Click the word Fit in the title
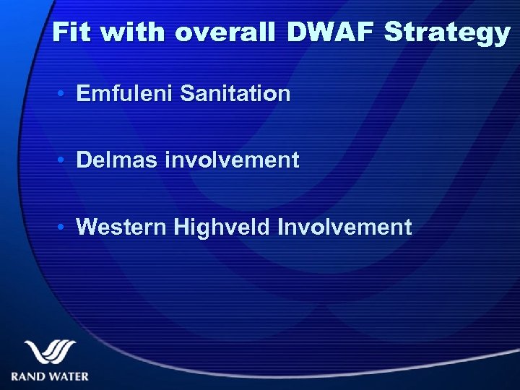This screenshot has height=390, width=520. [72, 33]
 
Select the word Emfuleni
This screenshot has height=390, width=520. [126, 93]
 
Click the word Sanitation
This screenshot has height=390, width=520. [237, 93]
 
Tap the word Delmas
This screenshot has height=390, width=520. [117, 160]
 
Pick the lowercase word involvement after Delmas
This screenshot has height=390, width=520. [232, 160]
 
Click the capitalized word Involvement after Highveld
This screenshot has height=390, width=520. [345, 227]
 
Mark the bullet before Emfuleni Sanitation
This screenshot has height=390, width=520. [64, 94]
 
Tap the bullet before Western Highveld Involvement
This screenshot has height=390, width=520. [64, 228]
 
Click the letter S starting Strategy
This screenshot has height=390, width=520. [394, 33]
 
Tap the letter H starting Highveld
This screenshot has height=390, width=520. [181, 227]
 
